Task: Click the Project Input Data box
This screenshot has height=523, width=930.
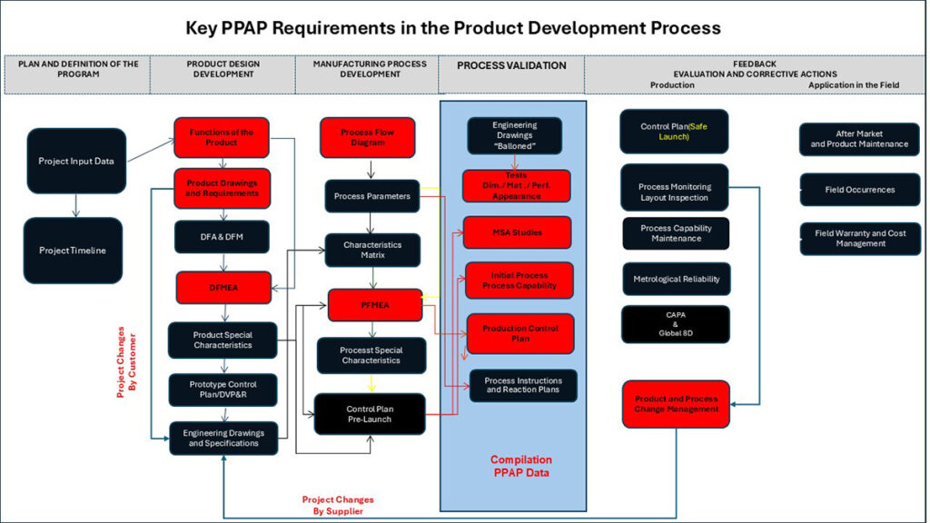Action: (76, 161)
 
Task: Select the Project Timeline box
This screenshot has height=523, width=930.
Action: (73, 251)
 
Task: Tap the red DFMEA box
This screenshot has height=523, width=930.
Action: (223, 287)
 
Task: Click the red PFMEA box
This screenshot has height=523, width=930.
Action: (375, 304)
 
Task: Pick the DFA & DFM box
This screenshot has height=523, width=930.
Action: (223, 237)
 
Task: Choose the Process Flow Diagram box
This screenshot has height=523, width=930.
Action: (367, 138)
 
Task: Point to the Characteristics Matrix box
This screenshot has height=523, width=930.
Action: (372, 250)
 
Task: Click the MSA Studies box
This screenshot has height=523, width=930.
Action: (517, 232)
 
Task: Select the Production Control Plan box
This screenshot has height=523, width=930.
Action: (520, 333)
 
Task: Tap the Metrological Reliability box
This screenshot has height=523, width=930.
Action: (676, 279)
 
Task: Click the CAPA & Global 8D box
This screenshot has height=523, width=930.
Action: (676, 324)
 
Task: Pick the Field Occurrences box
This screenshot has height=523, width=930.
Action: (859, 190)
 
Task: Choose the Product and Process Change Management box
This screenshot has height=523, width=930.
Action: (676, 404)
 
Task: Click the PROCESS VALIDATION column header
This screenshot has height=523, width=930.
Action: (511, 65)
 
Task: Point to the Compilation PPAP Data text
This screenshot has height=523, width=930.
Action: (521, 466)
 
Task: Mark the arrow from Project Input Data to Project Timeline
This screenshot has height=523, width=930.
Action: (76, 206)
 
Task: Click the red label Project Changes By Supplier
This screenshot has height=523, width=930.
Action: (338, 506)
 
